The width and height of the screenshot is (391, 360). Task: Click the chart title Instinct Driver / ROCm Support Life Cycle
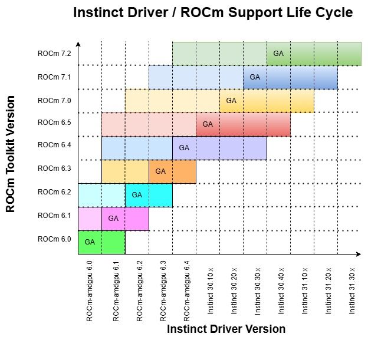click(213, 12)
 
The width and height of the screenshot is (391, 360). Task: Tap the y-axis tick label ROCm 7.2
click(54, 54)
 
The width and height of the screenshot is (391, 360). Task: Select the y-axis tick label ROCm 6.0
click(54, 239)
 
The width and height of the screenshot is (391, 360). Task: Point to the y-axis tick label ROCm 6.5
click(54, 122)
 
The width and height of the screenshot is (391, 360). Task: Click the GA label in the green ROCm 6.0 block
click(90, 242)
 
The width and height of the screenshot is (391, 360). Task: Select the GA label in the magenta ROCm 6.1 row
click(113, 219)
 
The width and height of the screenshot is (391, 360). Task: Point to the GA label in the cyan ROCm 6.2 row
click(137, 195)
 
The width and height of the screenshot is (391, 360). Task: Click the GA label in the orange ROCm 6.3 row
click(160, 171)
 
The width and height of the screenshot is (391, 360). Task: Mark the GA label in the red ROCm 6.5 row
click(208, 124)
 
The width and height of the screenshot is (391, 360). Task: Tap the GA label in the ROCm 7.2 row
click(278, 54)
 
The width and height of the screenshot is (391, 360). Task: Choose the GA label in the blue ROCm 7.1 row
click(255, 77)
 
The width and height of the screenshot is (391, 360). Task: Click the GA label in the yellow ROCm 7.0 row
click(231, 101)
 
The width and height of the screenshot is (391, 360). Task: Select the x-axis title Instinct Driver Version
click(226, 329)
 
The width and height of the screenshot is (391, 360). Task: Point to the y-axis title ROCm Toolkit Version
click(11, 154)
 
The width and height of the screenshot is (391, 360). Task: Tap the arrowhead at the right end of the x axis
click(359, 255)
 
